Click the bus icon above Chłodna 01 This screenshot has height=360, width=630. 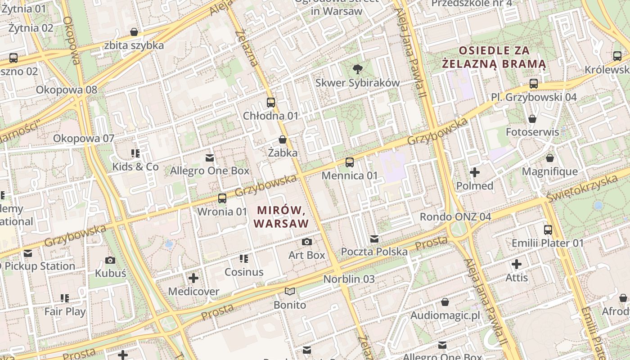coord(270,102)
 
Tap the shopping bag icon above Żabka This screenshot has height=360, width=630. coord(283,139)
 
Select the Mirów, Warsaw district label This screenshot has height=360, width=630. coord(281,216)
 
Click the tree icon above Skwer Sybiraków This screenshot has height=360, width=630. coord(358,69)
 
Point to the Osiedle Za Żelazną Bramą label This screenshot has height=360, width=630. coord(494,57)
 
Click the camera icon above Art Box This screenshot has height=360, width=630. coord(307,242)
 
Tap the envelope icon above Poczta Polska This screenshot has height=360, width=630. coord(374,238)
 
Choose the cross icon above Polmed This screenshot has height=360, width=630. coord(475,172)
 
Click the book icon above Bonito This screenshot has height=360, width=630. coord(290,292)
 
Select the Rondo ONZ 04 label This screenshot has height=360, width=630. coord(455,216)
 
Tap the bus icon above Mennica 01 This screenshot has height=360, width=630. coord(350,162)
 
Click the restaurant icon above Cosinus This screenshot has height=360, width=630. coord(244,259)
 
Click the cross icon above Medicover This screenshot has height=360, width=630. coord(193,278)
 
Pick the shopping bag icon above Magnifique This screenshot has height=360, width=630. coord(549,158)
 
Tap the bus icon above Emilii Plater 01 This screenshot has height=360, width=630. coord(548,230)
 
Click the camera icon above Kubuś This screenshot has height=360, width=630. coord(110,260)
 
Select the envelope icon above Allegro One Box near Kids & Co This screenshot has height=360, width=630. coord(209,157)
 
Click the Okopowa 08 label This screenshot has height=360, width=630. coord(67,90)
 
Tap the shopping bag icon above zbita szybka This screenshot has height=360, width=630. coord(134,32)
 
